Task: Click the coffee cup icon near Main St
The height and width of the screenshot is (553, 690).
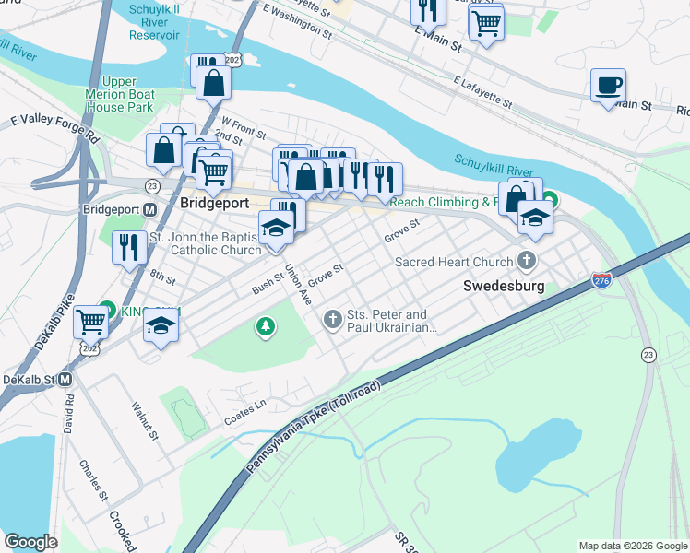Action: point(607,86)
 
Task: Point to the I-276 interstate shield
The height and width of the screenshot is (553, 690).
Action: point(601,279)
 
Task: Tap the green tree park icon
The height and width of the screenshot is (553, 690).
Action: point(266,326)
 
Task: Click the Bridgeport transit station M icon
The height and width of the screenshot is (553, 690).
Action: point(149,209)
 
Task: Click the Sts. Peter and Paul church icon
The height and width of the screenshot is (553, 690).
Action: point(332,320)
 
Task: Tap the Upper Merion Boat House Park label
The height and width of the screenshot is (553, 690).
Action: point(127,94)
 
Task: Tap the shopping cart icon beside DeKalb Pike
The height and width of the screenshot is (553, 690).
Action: point(89,322)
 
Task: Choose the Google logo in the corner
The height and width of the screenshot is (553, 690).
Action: point(30,542)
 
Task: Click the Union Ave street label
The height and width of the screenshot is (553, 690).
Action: point(297,285)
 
